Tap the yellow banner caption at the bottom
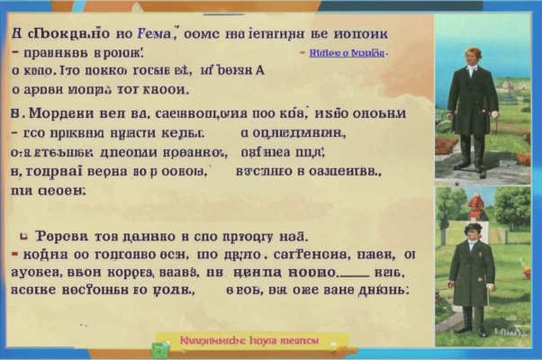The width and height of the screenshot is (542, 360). coord(246,342)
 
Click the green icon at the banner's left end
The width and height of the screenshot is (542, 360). coord(164,343)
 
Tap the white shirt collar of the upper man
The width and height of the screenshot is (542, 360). coord(471,67)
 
